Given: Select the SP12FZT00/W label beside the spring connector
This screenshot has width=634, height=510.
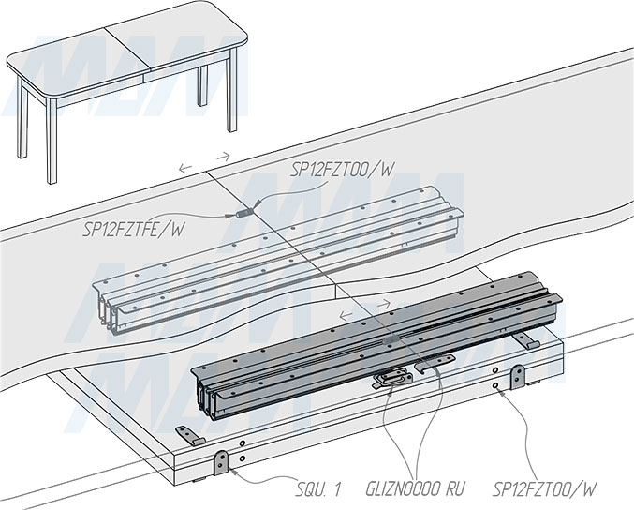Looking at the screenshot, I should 341,170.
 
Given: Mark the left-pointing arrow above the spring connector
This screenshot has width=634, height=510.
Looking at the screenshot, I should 185,169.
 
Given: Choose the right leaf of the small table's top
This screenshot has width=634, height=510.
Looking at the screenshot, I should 177,41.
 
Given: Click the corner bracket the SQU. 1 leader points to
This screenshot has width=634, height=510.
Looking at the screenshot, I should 223,461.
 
